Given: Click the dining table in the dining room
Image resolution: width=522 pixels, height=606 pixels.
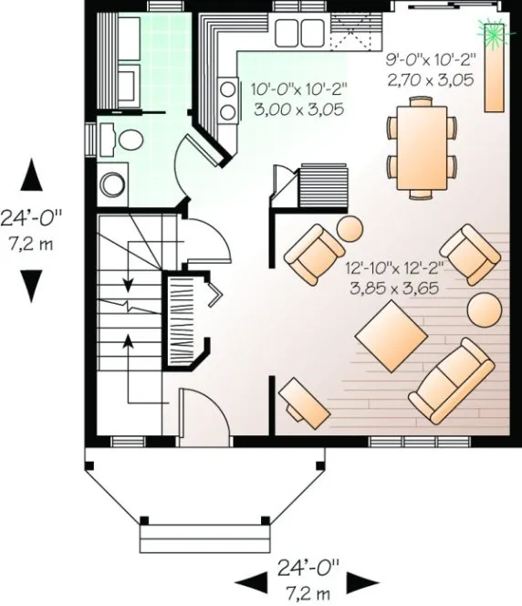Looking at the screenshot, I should coord(422,145).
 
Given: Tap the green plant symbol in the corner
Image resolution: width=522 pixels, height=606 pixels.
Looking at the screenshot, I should coord(496,33).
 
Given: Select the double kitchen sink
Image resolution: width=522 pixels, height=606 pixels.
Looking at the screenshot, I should coord(297,32).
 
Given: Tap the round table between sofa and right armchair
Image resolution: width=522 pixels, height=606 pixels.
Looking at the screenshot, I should coord(484,310).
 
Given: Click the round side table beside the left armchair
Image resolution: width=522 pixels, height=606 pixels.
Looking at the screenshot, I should coord(350,228).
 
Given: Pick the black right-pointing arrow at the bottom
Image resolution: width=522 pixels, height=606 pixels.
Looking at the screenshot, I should coord(366,581).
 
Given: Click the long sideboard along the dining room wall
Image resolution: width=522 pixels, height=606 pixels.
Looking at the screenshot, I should coord(496,78).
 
